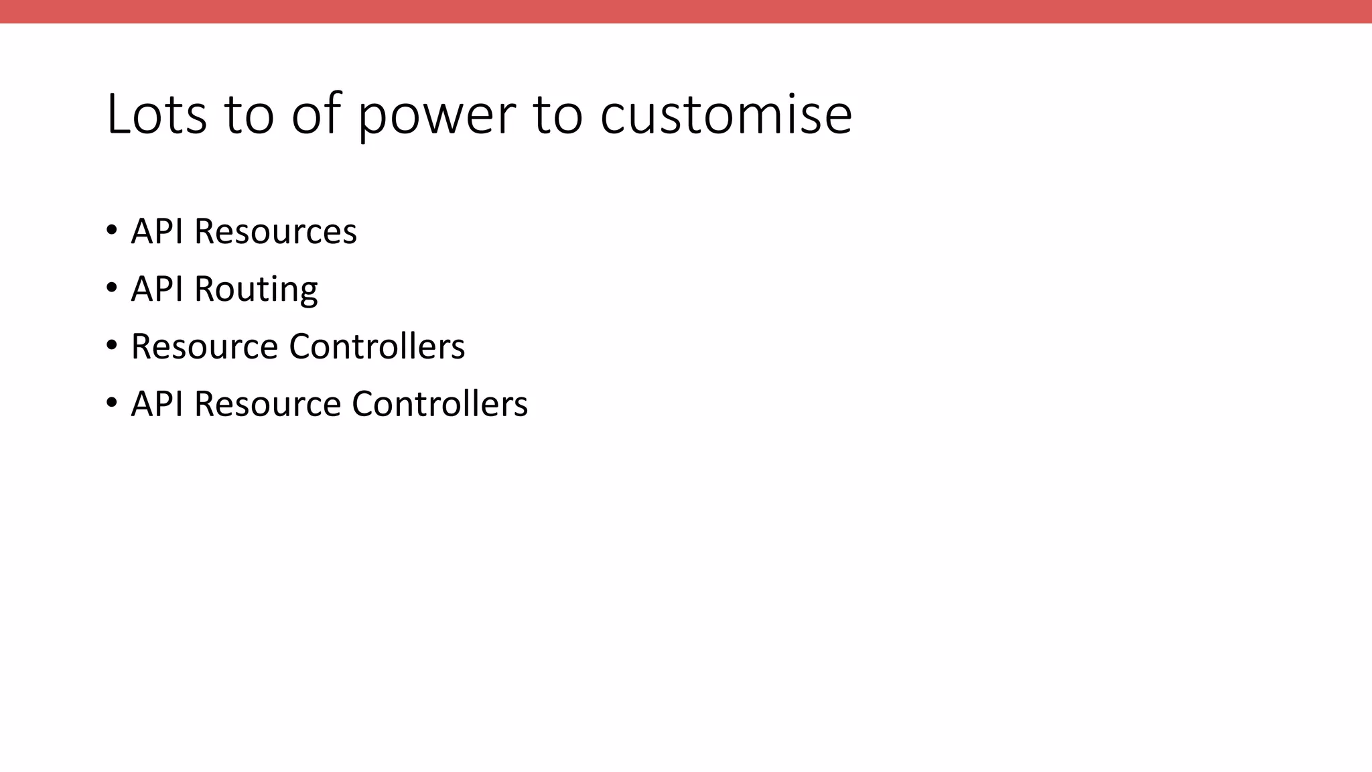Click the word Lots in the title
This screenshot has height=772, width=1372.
[x=156, y=114]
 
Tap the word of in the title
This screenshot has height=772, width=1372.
[x=316, y=114]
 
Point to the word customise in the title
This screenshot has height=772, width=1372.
[x=726, y=114]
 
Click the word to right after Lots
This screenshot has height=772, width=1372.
[x=249, y=114]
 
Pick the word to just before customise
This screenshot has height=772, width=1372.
[x=557, y=114]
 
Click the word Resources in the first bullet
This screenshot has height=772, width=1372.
[x=275, y=231]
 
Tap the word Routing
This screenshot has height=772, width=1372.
[x=256, y=289]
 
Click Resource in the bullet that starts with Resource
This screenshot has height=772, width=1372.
[x=204, y=346]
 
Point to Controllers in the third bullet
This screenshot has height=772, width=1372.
[x=376, y=346]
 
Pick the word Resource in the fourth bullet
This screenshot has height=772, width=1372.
[x=267, y=403]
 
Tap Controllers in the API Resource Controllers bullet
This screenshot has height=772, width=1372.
[x=439, y=403]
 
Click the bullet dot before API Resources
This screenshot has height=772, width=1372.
[x=112, y=231]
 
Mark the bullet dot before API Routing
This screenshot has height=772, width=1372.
[x=112, y=288]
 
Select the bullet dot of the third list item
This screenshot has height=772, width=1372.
[x=112, y=346]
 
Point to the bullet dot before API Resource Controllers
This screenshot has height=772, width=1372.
[x=112, y=403]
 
